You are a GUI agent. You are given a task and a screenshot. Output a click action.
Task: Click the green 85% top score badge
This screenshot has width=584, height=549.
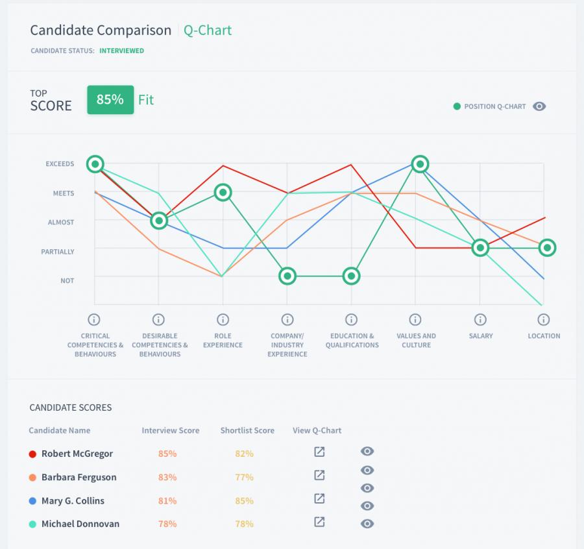(110, 99)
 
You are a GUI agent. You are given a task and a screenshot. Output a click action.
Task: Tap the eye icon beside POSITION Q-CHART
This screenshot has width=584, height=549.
(539, 106)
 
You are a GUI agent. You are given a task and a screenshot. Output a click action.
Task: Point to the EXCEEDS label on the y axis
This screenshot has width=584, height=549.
(60, 164)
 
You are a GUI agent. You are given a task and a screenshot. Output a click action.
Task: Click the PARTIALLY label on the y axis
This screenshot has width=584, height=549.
(58, 252)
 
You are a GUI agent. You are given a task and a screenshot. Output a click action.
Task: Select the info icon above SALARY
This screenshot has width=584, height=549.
(480, 319)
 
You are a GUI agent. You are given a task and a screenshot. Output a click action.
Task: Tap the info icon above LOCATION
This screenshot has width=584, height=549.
(544, 319)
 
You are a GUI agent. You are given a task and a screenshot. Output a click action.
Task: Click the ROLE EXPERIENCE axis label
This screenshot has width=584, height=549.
(223, 341)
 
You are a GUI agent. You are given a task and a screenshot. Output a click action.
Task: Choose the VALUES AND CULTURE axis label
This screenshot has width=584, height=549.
(416, 341)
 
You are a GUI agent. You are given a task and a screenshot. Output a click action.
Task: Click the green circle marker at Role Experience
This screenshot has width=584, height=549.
(223, 192)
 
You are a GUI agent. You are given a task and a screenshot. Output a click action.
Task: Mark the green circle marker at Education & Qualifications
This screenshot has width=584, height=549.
(351, 276)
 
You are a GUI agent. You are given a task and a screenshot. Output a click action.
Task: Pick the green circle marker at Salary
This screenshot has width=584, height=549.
(480, 247)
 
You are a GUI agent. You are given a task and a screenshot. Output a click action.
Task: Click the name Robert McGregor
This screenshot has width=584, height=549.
(77, 454)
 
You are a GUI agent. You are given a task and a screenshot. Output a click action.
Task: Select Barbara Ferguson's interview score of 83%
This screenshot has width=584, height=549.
(167, 477)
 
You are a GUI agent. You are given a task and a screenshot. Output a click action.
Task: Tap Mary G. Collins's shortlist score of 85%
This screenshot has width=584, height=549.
(245, 500)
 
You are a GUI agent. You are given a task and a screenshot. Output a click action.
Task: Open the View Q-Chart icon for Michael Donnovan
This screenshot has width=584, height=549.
(319, 522)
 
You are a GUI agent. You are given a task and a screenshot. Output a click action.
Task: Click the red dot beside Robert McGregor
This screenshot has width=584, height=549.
(32, 454)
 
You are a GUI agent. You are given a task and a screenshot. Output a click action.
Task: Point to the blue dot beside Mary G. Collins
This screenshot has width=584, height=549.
(32, 500)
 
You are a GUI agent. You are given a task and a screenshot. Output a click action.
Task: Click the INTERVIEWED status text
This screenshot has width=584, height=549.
(121, 51)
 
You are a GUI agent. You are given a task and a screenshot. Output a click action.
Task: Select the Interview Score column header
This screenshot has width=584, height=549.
(171, 430)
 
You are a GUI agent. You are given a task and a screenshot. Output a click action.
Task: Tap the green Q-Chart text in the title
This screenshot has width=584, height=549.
(208, 30)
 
